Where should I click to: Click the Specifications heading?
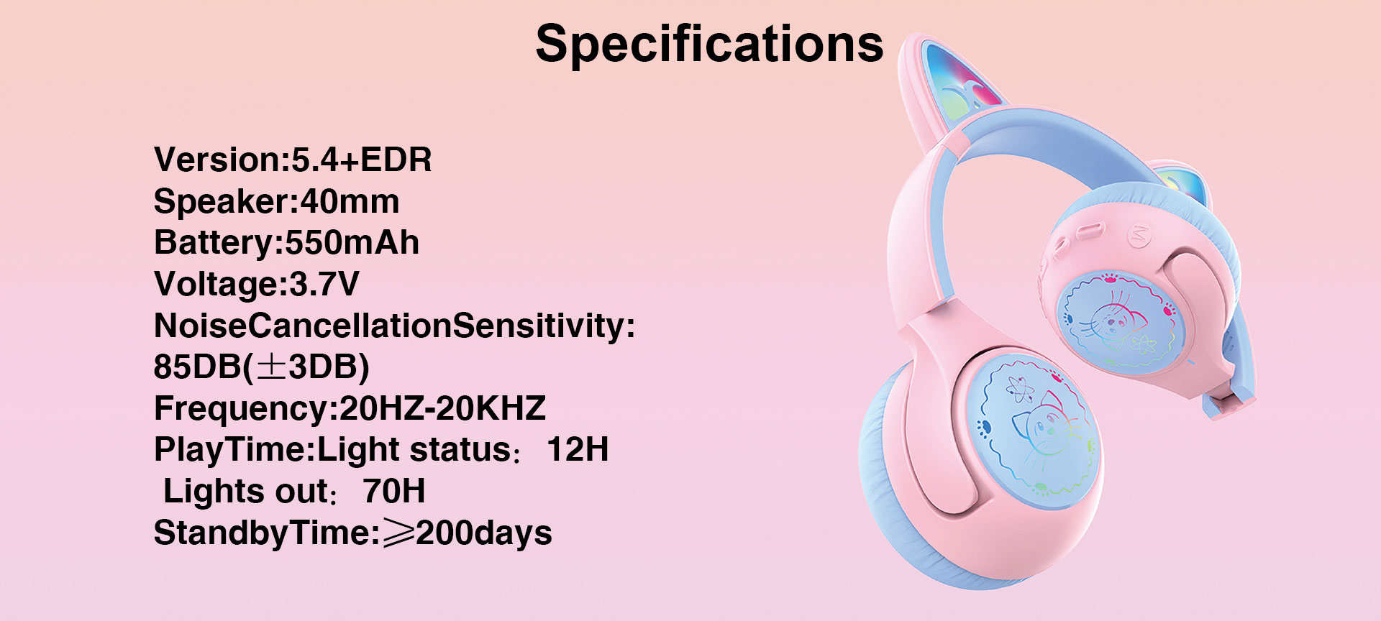pos(709,45)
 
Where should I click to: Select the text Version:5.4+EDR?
pos(293,160)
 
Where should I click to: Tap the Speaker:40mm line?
pos(276,201)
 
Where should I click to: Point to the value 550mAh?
pos(352,242)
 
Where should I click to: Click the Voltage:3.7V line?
pos(256,284)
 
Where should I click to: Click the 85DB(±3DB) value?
pos(261,367)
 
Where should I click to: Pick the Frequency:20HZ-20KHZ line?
pos(350,408)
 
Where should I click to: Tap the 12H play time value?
pos(578,450)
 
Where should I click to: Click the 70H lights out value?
pos(394,492)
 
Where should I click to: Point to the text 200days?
pos(484,533)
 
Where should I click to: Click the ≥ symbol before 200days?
pos(398,534)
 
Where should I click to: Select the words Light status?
pos(414,450)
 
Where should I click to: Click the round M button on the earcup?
pos(1138,236)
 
